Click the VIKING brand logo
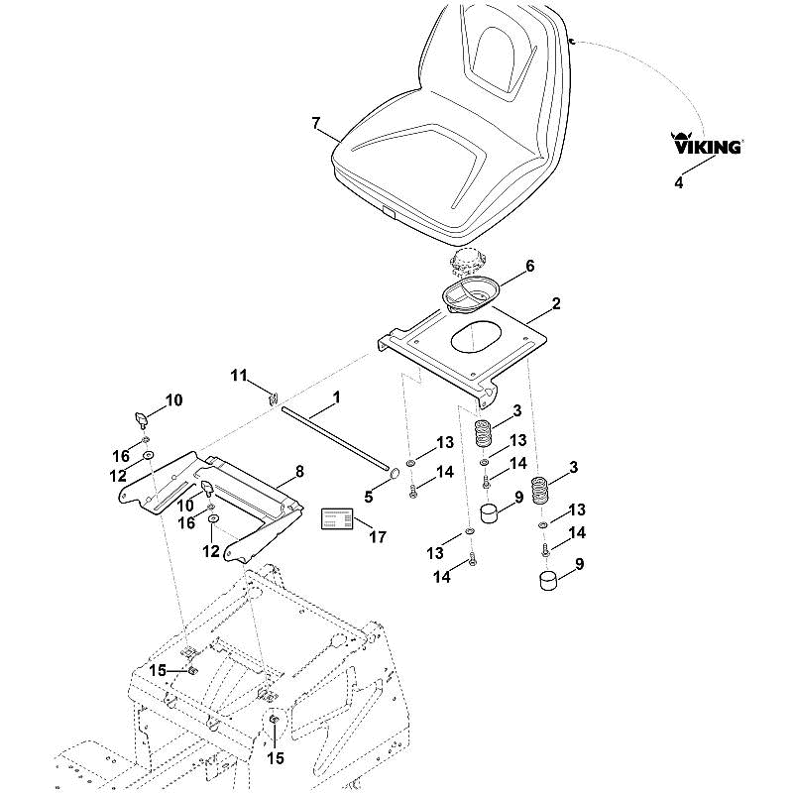pyautogui.click(x=707, y=143)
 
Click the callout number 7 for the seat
pyautogui.click(x=316, y=123)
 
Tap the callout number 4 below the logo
pyautogui.click(x=679, y=182)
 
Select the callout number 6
pyautogui.click(x=530, y=266)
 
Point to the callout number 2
pyautogui.click(x=556, y=303)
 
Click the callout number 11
pyautogui.click(x=239, y=376)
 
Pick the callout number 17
pyautogui.click(x=378, y=536)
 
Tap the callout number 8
pyautogui.click(x=300, y=472)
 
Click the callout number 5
pyautogui.click(x=369, y=497)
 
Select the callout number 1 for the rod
pyautogui.click(x=336, y=397)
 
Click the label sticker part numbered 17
pyautogui.click(x=337, y=519)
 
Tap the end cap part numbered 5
pyautogui.click(x=394, y=474)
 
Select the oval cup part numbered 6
pyautogui.click(x=471, y=294)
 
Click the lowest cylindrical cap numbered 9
pyautogui.click(x=550, y=580)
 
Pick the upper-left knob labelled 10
pyautogui.click(x=140, y=418)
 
